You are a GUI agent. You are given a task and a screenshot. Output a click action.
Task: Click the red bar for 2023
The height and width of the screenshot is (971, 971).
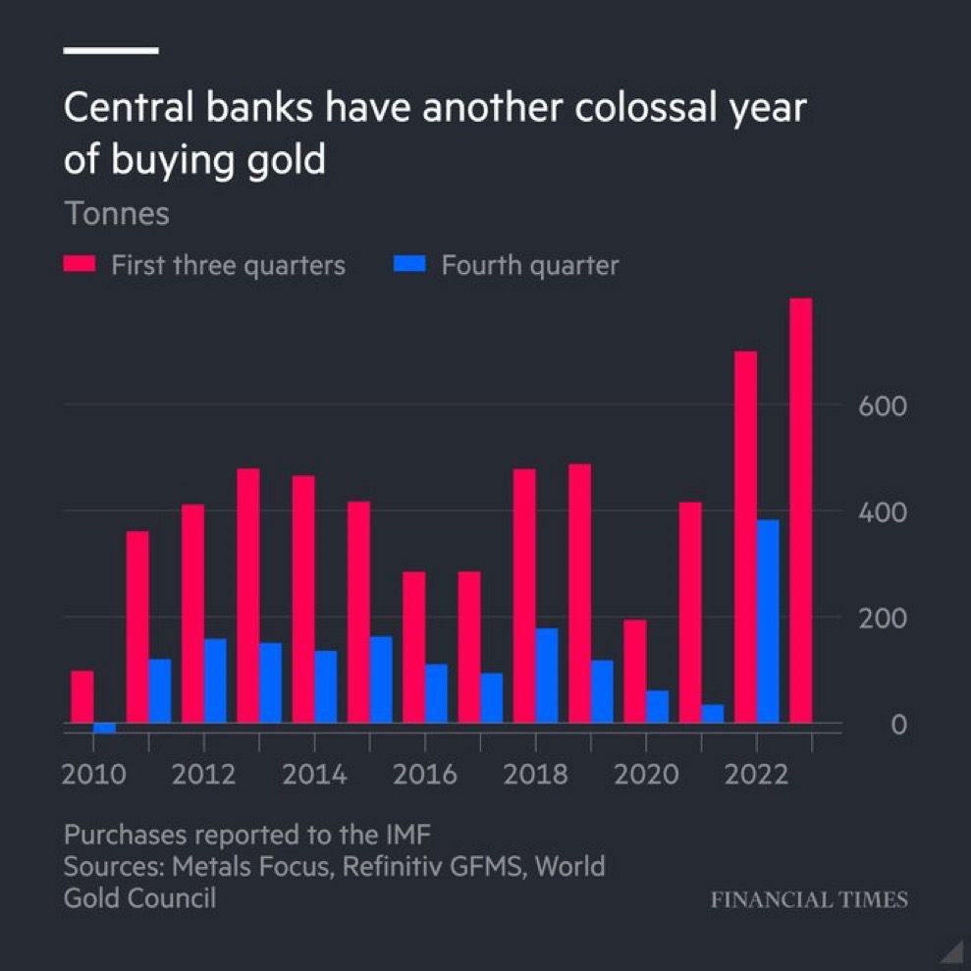pyautogui.click(x=800, y=511)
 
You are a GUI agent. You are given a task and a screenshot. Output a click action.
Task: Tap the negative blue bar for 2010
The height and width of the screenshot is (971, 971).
pyautogui.click(x=104, y=728)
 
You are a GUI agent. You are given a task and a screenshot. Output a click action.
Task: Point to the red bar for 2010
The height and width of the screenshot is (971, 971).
pyautogui.click(x=82, y=697)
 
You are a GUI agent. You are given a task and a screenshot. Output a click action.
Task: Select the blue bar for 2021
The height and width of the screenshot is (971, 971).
pyautogui.click(x=713, y=714)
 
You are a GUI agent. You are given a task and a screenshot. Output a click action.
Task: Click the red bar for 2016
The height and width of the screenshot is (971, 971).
pyautogui.click(x=414, y=648)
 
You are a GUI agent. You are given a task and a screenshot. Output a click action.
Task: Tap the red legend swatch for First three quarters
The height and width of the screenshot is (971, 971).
pyautogui.click(x=79, y=265)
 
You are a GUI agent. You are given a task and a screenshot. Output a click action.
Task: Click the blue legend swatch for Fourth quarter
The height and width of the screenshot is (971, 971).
pyautogui.click(x=409, y=265)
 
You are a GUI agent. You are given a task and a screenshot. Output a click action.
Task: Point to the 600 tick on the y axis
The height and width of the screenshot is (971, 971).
pyautogui.click(x=882, y=406)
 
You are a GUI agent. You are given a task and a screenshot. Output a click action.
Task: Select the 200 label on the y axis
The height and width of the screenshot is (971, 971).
pyautogui.click(x=882, y=620)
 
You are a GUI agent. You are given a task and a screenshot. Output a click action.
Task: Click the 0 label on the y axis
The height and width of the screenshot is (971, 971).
pyautogui.click(x=897, y=726)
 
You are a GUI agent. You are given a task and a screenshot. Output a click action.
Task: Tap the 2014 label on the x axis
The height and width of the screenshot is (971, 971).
pyautogui.click(x=314, y=775)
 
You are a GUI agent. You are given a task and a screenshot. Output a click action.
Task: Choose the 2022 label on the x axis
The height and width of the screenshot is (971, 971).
pyautogui.click(x=756, y=775)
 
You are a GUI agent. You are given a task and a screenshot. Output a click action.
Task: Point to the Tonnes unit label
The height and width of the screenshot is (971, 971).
pyautogui.click(x=117, y=214)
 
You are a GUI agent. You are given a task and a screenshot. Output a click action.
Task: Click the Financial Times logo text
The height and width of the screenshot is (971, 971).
pyautogui.click(x=809, y=899)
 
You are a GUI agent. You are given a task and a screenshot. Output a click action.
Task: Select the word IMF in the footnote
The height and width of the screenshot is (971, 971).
pyautogui.click(x=406, y=836)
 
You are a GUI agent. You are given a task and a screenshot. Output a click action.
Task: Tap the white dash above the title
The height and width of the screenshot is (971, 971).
pyautogui.click(x=111, y=49)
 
